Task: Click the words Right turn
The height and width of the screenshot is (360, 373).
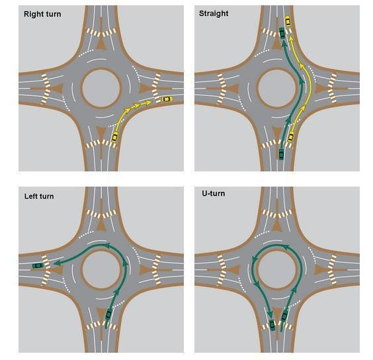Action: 42,14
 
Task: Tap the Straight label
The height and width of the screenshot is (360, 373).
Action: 214,14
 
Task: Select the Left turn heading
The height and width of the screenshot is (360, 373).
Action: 39,196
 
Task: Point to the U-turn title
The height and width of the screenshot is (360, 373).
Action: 213,193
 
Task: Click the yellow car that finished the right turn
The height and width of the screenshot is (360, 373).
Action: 167,99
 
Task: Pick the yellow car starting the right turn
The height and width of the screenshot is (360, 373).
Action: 114,137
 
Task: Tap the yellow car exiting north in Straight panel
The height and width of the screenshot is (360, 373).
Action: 288,21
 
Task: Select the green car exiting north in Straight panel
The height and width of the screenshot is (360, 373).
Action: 282,33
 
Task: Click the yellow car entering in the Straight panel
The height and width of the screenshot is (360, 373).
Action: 291,137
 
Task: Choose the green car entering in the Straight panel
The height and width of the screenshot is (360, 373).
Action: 281,154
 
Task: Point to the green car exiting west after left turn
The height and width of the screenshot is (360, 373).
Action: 38,265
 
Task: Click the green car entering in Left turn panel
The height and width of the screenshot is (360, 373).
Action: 108,314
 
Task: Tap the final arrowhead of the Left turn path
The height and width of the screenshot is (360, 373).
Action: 56,263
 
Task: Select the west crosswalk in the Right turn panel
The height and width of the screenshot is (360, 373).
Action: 46,89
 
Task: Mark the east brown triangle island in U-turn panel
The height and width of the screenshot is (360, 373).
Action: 321,270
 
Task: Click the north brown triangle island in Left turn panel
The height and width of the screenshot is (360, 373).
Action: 101,225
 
